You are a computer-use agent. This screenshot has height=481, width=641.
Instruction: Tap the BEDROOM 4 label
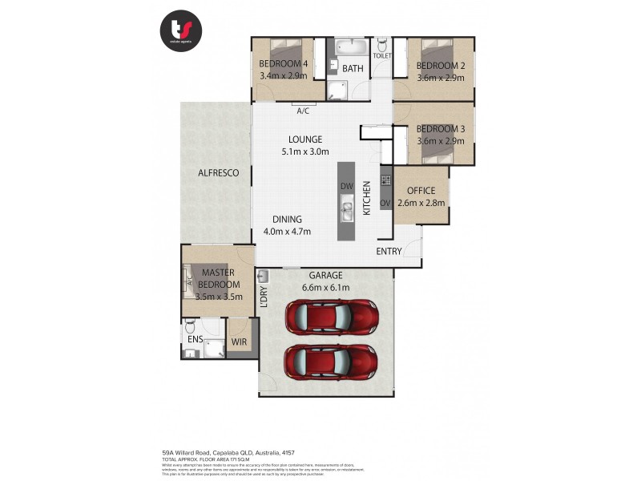[x=283, y=64]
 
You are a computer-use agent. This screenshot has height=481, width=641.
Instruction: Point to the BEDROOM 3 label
[x=441, y=129]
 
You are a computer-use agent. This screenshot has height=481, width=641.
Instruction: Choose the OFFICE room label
[x=421, y=191]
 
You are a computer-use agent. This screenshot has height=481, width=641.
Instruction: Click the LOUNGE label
[x=305, y=139]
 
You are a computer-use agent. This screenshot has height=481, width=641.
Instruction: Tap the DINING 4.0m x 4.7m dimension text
[x=287, y=232]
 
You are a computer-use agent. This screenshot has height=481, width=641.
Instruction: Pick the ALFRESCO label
[x=219, y=173]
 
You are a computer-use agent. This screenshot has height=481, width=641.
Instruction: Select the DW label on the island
[x=346, y=186]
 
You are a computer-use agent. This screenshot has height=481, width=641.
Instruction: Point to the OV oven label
[x=385, y=203]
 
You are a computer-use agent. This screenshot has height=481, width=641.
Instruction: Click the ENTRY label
[x=389, y=252]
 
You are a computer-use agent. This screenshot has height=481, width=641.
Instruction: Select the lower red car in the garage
[x=331, y=362]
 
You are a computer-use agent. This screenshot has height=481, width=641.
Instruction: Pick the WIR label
[x=239, y=342]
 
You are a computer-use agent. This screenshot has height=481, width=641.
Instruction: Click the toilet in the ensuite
[x=190, y=328]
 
